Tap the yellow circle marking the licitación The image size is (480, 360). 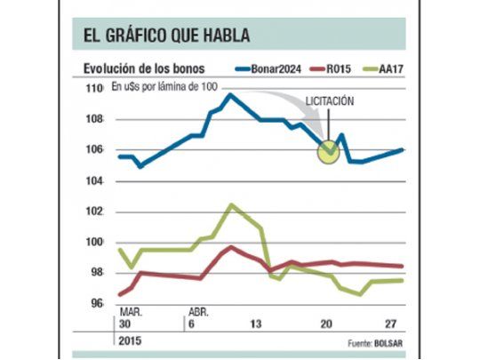pos(329,151)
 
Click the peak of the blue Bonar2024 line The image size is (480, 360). pos(230,94)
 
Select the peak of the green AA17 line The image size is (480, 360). pos(232,204)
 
